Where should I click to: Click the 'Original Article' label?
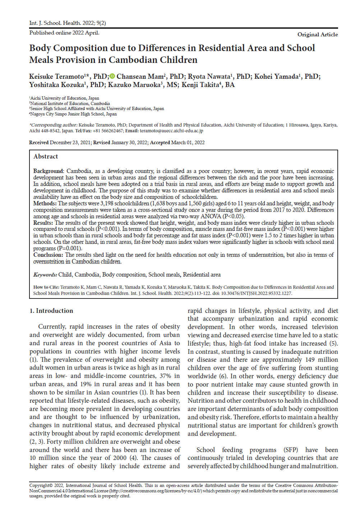[317, 35]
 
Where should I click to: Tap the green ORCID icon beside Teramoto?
[112, 76]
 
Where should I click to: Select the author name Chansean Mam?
[140, 77]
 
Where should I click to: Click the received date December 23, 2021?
[70, 143]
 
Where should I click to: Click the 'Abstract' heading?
[46, 156]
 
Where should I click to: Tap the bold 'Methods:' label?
[45, 204]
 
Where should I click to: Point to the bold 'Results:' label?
[43, 223]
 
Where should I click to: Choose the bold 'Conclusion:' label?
[48, 255]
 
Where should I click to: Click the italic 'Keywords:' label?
[45, 275]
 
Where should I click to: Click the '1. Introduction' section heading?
[51, 311]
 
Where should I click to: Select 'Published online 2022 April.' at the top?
[64, 33]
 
